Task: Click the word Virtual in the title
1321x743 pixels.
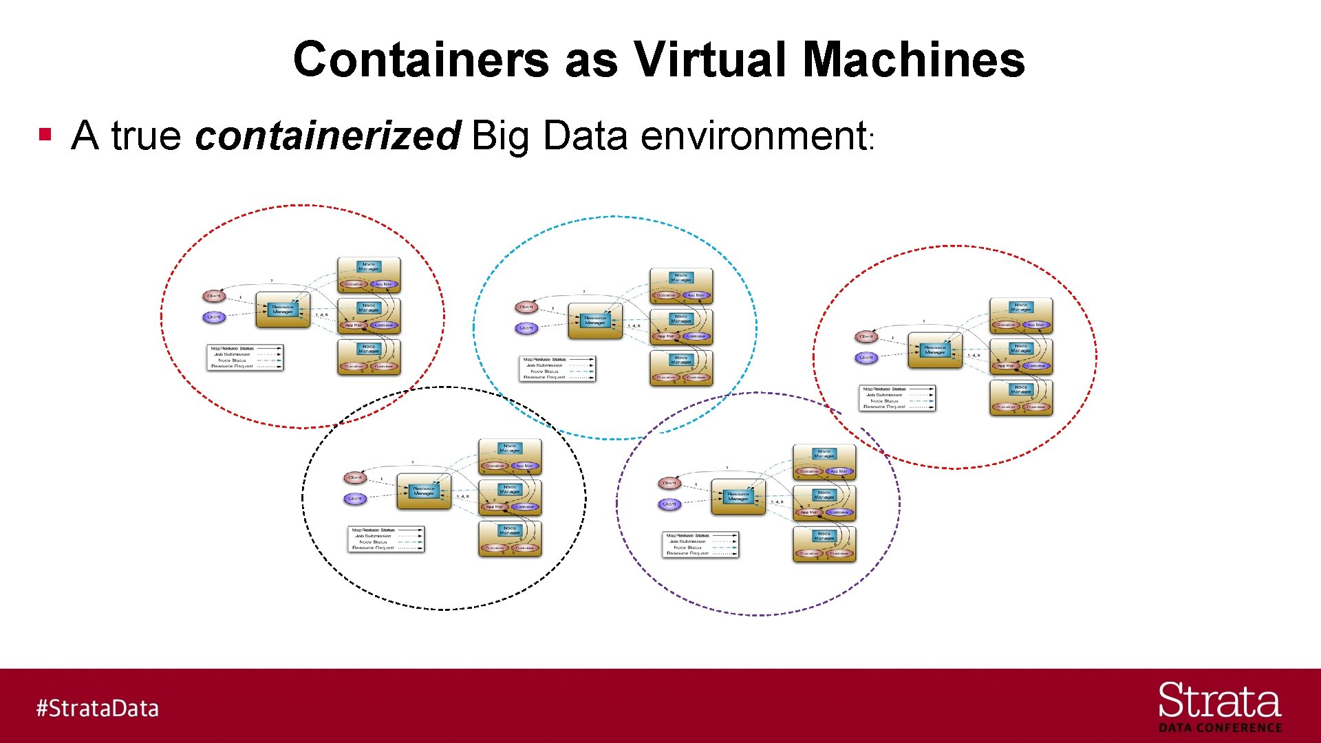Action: coord(709,59)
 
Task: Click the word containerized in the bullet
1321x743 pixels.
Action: coord(327,136)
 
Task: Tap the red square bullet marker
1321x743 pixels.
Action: coord(45,134)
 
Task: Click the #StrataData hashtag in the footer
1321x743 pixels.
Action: coord(97,708)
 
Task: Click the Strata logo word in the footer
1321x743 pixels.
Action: coord(1219,702)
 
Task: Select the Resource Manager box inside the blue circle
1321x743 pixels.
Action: coord(595,321)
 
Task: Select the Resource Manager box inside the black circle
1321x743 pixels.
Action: coord(424,491)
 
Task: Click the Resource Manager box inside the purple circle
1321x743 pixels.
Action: coord(738,497)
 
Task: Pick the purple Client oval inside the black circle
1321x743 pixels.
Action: coord(355,499)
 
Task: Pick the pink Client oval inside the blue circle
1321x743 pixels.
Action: coord(526,307)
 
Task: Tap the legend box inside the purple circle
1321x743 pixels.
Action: coord(700,544)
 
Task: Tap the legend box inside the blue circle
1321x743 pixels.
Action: coord(557,368)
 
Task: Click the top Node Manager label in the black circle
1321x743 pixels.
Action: coord(510,449)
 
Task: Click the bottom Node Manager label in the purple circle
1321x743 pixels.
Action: coord(824,536)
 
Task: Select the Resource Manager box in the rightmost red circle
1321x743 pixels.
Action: coord(934,350)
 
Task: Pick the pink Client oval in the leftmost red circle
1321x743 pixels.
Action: coord(214,296)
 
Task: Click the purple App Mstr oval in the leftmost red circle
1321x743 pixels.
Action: coord(383,284)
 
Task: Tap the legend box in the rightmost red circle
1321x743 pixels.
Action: coord(897,398)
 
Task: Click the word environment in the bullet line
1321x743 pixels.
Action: coord(753,136)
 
